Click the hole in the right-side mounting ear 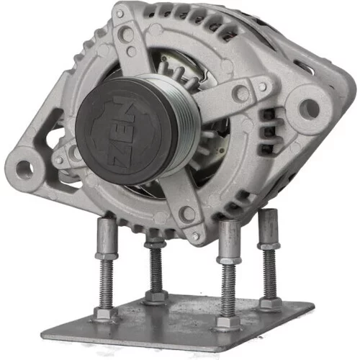pos(310,109)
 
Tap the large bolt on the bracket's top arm pos(126,34)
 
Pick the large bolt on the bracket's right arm pos(240,92)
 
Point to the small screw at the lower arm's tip pos(196,236)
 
